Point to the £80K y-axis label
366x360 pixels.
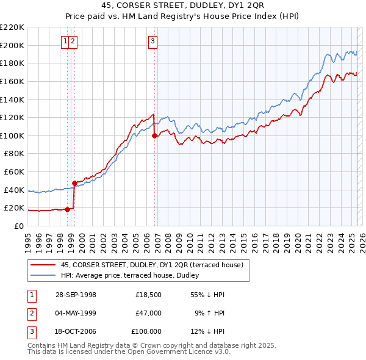[x=14, y=154]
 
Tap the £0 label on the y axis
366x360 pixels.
[x=19, y=226]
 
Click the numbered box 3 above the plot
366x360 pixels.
[x=152, y=41]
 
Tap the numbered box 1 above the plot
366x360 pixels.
[x=65, y=41]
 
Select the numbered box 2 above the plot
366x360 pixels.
[x=73, y=41]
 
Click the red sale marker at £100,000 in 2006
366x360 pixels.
[x=154, y=136]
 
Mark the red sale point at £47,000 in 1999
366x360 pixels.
[x=74, y=183]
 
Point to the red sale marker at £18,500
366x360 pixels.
[x=67, y=209]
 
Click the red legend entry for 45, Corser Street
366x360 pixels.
[x=152, y=265]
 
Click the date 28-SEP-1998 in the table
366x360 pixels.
[x=76, y=295]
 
